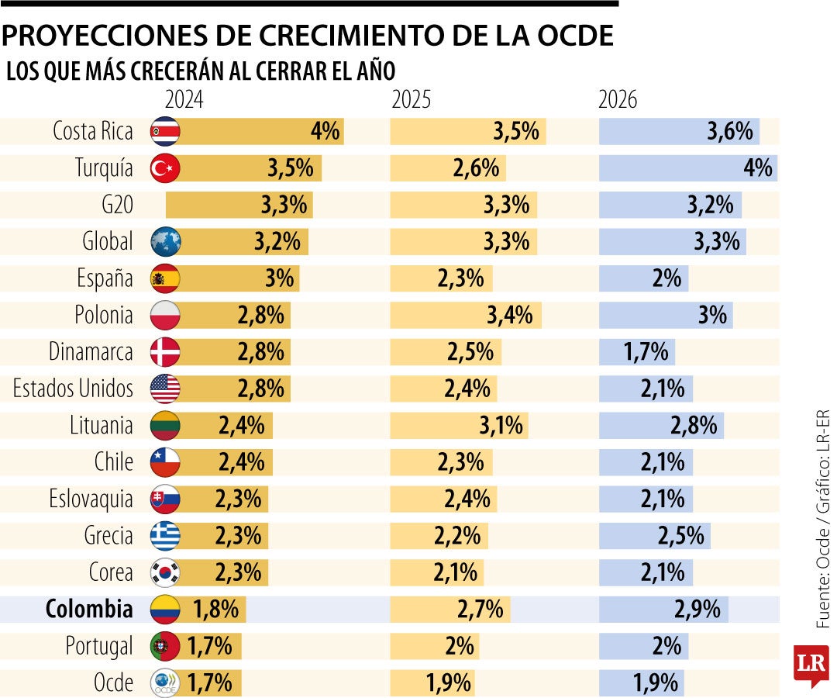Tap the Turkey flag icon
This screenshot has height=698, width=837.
(x=165, y=168)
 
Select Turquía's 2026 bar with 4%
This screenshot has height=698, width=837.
(x=688, y=168)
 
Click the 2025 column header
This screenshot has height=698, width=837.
(x=412, y=100)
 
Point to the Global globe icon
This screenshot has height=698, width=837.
(x=165, y=242)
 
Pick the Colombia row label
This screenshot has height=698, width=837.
(x=89, y=610)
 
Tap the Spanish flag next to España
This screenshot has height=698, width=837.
(x=165, y=278)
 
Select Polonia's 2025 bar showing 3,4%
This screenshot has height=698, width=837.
(x=466, y=316)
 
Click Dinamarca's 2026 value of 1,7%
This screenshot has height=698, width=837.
(x=646, y=352)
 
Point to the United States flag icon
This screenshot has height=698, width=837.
(x=165, y=389)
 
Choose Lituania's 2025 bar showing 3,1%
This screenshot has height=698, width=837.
(x=459, y=426)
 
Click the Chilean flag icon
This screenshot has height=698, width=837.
(x=165, y=462)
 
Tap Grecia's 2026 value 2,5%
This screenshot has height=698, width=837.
(x=683, y=536)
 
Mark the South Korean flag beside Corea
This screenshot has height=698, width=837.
(x=165, y=572)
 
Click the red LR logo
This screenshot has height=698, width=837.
(x=810, y=664)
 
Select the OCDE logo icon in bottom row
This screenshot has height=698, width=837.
(x=165, y=683)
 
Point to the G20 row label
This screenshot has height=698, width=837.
(x=117, y=206)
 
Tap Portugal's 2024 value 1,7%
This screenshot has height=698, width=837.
(x=209, y=646)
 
